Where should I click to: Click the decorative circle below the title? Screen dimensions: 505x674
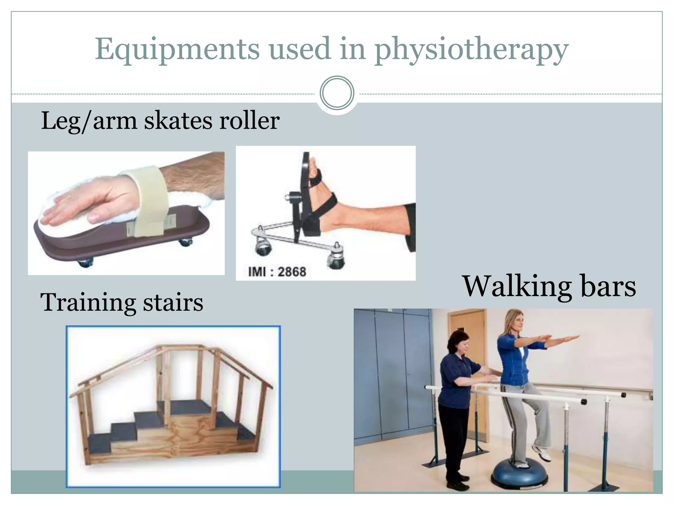click(337, 93)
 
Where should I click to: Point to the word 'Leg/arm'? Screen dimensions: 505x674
click(89, 121)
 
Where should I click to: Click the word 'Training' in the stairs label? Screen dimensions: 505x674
click(88, 302)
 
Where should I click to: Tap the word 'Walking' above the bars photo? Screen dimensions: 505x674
click(517, 286)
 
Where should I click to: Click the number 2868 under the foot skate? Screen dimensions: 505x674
click(292, 272)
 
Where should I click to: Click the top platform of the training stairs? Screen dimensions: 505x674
click(184, 406)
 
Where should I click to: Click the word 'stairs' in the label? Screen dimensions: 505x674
click(173, 302)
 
